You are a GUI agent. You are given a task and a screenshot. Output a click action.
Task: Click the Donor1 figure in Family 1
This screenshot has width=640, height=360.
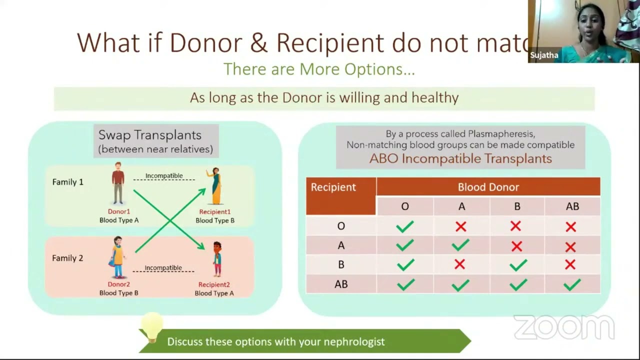coord(118,183)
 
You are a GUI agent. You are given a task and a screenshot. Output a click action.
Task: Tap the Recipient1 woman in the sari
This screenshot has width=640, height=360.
coord(215,186)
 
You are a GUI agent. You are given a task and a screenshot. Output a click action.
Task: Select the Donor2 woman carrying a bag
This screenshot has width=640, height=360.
coord(118,257)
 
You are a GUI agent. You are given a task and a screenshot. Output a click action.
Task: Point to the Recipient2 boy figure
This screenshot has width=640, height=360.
coord(217,259)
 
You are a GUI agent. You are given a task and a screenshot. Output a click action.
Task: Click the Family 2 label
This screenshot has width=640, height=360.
coord(67,258)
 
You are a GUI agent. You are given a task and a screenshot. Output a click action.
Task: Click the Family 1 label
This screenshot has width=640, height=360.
coord(67,182)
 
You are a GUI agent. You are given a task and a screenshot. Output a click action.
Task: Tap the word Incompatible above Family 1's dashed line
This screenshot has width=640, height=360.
coord(164,175)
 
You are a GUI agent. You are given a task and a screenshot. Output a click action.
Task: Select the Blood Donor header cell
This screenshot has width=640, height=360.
coord(488,187)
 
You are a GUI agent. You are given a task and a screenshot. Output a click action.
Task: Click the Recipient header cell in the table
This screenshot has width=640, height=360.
coord(333,187)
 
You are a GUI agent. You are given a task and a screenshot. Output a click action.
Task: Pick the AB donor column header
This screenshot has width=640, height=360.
coord(572,206)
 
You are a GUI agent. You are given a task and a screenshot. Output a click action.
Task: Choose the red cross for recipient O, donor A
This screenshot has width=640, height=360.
coord(460,226)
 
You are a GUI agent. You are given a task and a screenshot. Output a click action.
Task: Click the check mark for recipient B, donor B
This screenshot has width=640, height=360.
coord(517,265)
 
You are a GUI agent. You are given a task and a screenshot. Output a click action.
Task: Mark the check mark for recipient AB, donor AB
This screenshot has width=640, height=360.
coord(571,284)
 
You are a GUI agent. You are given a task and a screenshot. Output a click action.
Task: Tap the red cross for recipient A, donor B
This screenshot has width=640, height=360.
coord(516,246)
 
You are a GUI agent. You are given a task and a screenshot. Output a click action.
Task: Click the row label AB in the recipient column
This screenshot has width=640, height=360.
coord(341,284)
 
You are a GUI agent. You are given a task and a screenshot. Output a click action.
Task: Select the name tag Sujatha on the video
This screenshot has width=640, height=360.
coord(544,55)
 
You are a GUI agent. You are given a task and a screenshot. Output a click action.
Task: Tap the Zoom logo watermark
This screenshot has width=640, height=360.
coord(563,327)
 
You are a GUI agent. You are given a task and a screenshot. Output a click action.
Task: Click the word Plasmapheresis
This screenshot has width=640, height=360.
coord(501,134)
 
